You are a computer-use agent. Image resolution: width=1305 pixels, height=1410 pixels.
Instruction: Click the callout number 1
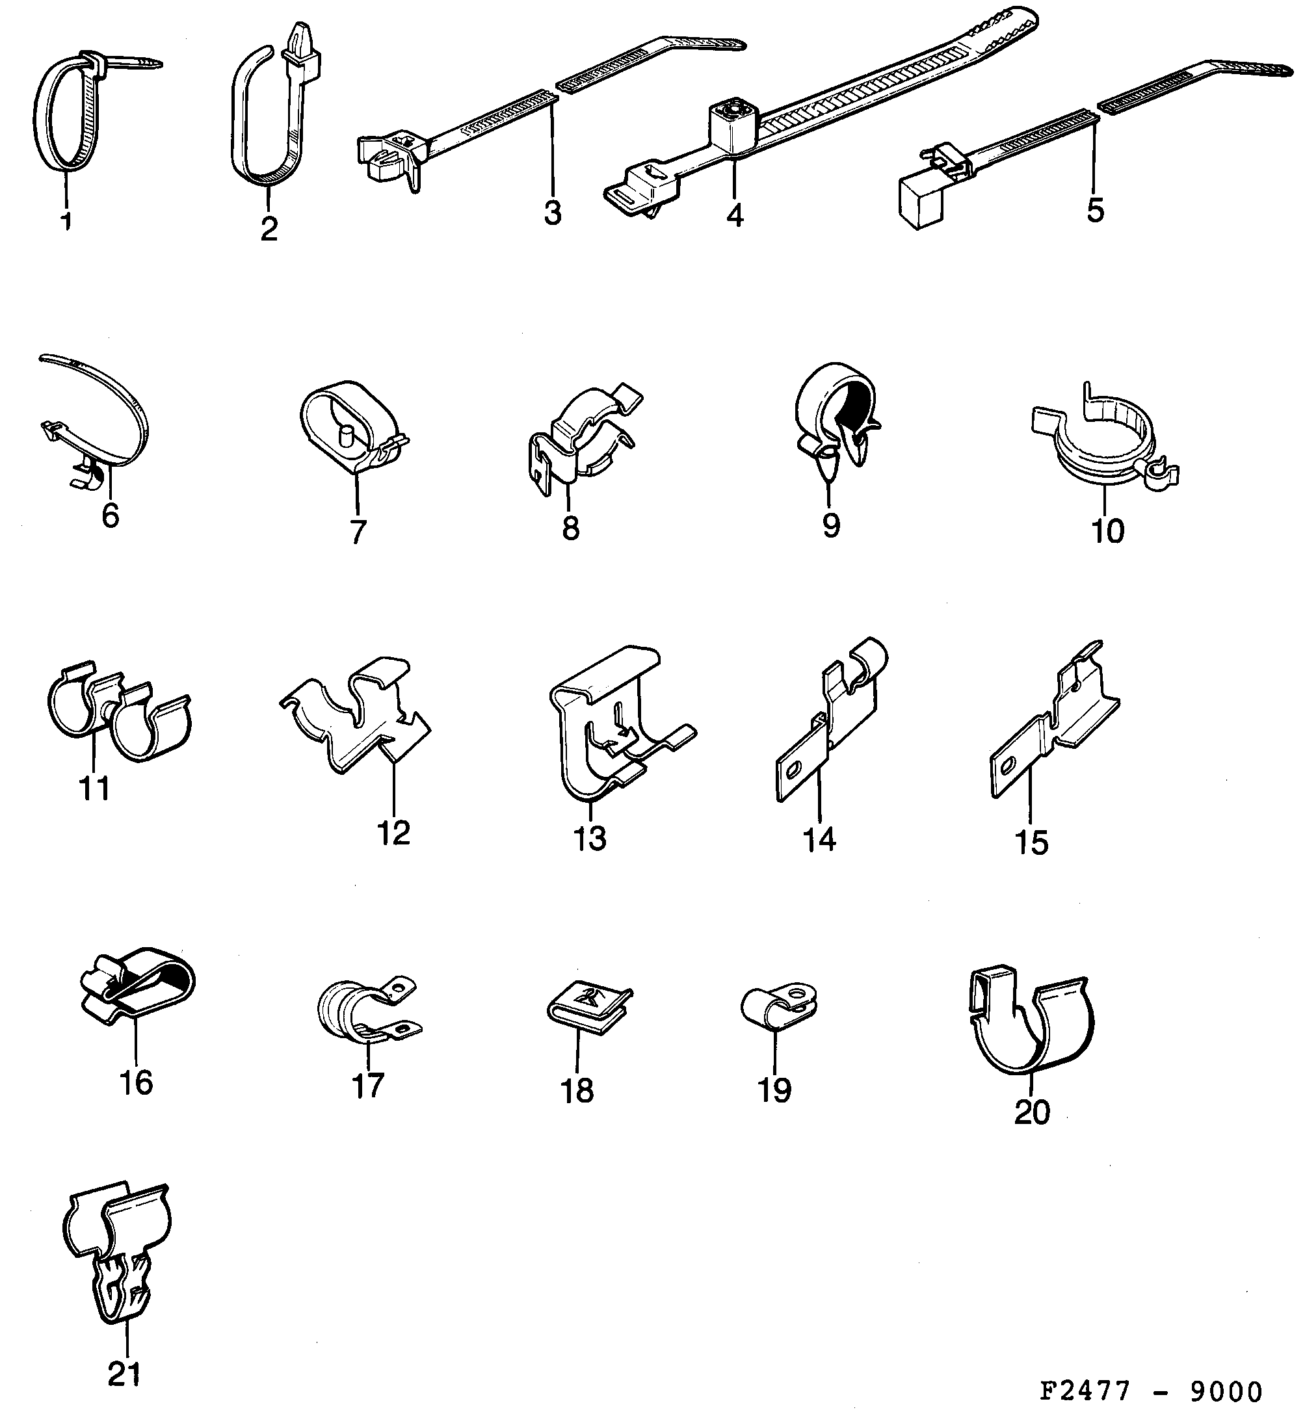point(66,222)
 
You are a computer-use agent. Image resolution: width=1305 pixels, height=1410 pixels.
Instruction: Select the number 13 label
point(589,838)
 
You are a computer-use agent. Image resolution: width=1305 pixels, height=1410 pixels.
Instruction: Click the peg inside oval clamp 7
point(345,433)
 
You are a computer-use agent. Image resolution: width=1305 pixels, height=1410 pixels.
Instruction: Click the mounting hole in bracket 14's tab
point(797,768)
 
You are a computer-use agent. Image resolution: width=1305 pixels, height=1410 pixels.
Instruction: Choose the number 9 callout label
point(831,525)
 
